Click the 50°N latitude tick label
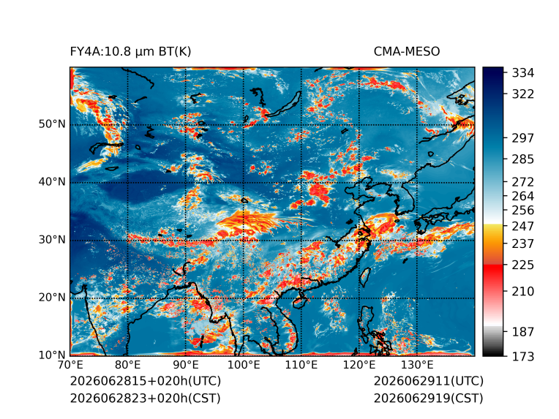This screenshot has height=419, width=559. coord(52,124)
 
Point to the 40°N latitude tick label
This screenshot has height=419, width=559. coord(52,182)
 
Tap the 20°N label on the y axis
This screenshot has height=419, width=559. coord(52,298)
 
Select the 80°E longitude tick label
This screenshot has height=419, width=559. coord(127,365)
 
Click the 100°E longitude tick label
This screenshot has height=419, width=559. coord(244,365)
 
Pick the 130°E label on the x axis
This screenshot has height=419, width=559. coord(417,365)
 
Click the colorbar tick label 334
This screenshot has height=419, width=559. coord(523,73)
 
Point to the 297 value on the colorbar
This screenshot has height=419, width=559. coord(523,138)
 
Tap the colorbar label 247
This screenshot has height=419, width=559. coord(523,226)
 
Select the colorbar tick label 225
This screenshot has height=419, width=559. coord(523,265)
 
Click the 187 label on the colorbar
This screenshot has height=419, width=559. coord(523,332)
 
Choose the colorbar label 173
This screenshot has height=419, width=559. coord(523,356)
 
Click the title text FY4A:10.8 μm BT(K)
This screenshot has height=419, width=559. coord(130,52)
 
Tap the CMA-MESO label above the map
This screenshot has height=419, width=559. coord(407,52)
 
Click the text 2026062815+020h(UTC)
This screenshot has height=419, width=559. coord(146,381)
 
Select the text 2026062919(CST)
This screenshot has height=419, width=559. coord(429,399)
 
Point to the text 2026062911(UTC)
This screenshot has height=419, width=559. coord(429,381)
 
